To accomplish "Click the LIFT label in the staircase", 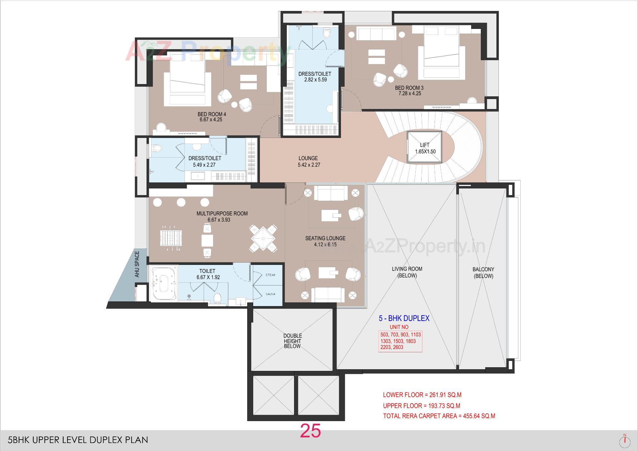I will click(424, 145).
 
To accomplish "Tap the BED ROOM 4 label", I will click(212, 114).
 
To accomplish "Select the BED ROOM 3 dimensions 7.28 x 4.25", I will click(409, 94).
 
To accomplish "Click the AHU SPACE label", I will click(137, 264).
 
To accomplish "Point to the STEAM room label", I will click(270, 275).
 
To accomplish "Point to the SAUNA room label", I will click(270, 294).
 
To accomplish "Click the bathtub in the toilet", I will click(163, 283).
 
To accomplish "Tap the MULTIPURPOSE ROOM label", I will click(222, 213).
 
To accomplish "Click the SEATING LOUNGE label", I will click(325, 238).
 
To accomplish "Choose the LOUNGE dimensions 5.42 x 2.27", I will click(309, 165).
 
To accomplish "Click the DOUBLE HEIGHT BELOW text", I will click(292, 341).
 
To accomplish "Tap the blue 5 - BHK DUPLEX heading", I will click(404, 318).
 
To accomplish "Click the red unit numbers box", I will click(400, 341).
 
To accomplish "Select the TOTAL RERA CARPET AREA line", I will click(439, 416).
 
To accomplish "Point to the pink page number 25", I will click(310, 431).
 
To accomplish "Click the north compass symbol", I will click(625, 440).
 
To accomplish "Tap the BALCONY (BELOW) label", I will click(483, 273).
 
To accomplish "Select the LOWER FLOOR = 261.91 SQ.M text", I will click(422, 395).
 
